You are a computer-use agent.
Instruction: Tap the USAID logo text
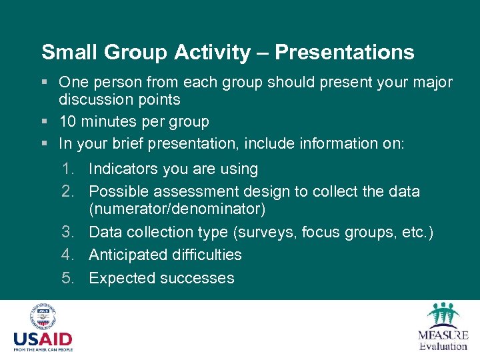click(x=43, y=339)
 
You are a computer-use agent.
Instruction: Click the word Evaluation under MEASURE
click(x=443, y=345)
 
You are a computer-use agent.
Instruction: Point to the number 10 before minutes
click(x=67, y=122)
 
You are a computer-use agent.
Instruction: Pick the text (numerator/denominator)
click(x=177, y=209)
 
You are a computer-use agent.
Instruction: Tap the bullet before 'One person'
click(x=44, y=83)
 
